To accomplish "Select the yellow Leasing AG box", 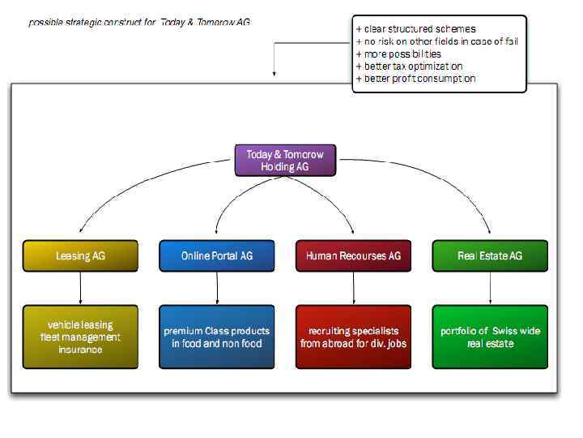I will pos(80,255).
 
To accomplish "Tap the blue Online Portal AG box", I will pos(217,255).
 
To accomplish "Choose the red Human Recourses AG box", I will pos(353,255).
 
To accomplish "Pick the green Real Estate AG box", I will pos(490,255).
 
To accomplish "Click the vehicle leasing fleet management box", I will pos(80,337).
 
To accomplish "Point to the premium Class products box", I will pos(217,337).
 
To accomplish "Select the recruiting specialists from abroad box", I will pos(353,337).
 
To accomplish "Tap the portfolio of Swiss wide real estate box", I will pos(490,337).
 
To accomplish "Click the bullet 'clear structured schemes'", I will pos(415,29).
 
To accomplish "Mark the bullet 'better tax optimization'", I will pos(409,67).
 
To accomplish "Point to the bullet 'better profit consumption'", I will pos(415,79).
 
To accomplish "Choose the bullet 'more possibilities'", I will pos(398,54).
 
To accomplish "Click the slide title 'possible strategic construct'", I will pos(139,22).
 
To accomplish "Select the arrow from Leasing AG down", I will pos(80,288).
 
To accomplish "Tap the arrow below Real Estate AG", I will pos(490,288).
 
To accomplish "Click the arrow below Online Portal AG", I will pos(217,288).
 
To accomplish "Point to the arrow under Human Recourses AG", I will pos(353,288).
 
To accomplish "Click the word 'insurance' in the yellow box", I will pos(80,350).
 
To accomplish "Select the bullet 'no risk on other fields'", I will pos(436,41).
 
